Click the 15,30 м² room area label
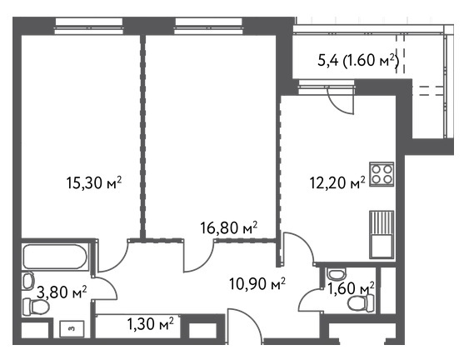click(94, 182)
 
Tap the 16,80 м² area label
click(228, 227)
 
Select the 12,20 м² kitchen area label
click(337, 182)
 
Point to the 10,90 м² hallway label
click(257, 284)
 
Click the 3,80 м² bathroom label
click(62, 292)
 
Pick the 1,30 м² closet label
click(150, 323)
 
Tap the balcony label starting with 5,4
click(358, 60)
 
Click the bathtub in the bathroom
click(55, 257)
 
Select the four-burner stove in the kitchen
click(382, 174)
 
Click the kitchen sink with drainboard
click(382, 234)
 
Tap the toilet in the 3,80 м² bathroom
click(36, 307)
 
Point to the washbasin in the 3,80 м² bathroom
click(28, 281)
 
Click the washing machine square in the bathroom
click(72, 328)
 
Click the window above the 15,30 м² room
click(89, 26)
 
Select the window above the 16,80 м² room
click(208, 26)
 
